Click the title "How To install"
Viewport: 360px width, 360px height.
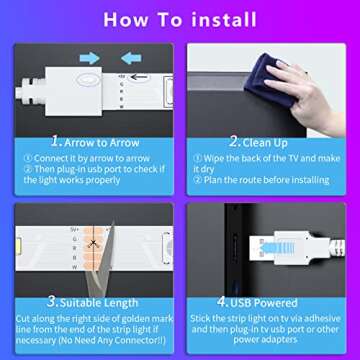pos(180,19)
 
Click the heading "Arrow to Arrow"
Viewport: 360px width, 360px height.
pos(98,141)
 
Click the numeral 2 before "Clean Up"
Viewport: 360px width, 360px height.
pos(234,141)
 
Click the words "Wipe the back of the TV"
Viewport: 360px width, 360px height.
pos(250,158)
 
